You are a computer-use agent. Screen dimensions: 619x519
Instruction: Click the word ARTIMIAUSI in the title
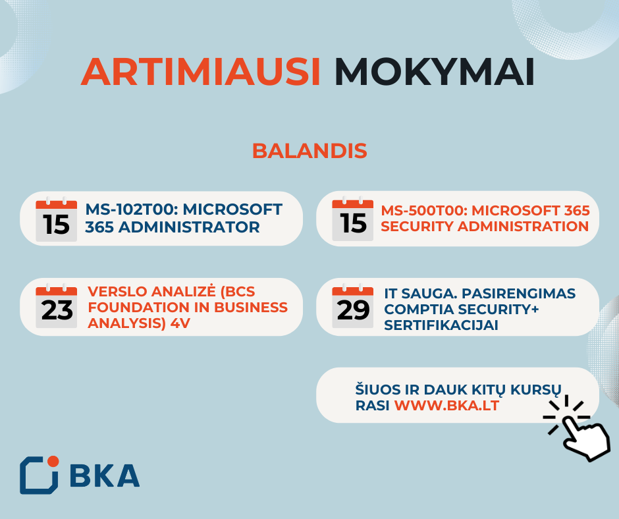pos(201,72)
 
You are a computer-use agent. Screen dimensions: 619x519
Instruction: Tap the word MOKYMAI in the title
pos(435,72)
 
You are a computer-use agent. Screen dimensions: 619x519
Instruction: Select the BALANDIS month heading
pos(309,151)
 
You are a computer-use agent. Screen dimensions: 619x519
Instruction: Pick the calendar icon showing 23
pos(56,306)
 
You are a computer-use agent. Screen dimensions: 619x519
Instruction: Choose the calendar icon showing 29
pos(352,306)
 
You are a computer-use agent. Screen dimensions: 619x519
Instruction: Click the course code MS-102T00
pos(131,209)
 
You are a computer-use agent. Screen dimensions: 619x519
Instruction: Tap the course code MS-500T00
pos(424,211)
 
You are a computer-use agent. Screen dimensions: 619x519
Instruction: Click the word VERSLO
pos(117,292)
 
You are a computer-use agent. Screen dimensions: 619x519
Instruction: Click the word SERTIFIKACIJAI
pos(441,325)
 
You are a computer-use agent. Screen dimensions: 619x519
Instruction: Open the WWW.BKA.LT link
pos(446,406)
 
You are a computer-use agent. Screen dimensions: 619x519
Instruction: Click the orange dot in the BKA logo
pos(53,461)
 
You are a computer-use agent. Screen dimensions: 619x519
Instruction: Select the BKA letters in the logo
pos(105,476)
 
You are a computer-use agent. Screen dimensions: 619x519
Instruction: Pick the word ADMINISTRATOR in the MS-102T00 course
pos(189,227)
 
